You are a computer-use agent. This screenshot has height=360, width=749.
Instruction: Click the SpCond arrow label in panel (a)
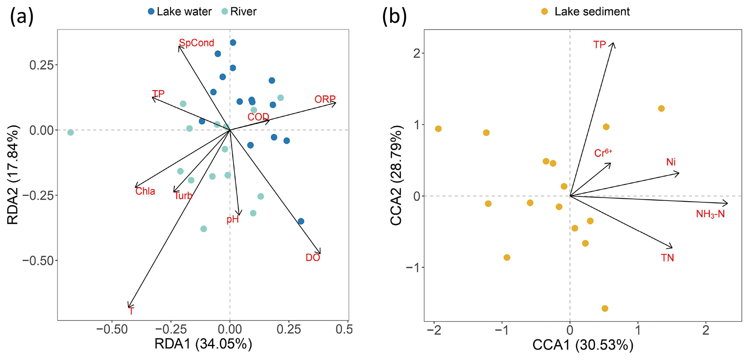click(x=196, y=43)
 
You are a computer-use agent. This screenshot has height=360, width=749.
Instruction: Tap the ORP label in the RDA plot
click(x=325, y=99)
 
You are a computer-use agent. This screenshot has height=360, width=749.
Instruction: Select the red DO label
click(x=313, y=258)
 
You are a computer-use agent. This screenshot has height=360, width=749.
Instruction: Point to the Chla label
click(x=145, y=191)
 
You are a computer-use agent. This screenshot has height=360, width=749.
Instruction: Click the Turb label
click(x=183, y=196)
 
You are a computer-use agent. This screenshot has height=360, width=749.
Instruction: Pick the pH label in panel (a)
click(x=233, y=219)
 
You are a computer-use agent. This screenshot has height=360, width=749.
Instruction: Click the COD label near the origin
click(x=258, y=117)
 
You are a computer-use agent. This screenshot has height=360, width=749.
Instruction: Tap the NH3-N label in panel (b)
click(x=710, y=214)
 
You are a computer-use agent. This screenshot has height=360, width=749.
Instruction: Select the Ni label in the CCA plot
click(x=671, y=162)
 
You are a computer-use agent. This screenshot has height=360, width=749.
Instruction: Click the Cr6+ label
click(x=603, y=153)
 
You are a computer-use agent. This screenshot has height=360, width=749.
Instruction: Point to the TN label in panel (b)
click(x=667, y=258)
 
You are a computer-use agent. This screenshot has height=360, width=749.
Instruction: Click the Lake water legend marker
click(x=151, y=12)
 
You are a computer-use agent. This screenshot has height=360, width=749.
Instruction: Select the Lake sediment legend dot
click(x=544, y=12)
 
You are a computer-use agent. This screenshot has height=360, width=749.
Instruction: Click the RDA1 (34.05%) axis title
click(x=203, y=344)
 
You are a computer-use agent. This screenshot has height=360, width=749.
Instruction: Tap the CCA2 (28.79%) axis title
click(x=397, y=176)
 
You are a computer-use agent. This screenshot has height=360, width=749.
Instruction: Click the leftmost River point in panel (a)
click(x=71, y=133)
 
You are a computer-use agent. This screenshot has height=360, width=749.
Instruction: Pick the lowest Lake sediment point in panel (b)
click(x=605, y=309)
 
